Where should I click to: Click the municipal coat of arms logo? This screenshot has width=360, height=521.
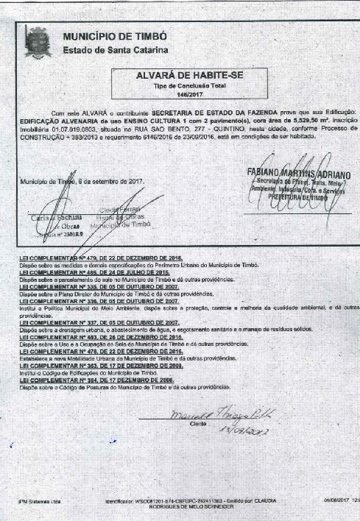(35, 41)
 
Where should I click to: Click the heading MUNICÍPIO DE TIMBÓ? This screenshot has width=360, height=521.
(114, 36)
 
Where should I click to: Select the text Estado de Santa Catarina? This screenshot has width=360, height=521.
(115, 50)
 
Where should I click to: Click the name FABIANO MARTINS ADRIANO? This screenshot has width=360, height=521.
(299, 174)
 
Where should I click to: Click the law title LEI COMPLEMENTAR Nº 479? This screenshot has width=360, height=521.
(100, 258)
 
